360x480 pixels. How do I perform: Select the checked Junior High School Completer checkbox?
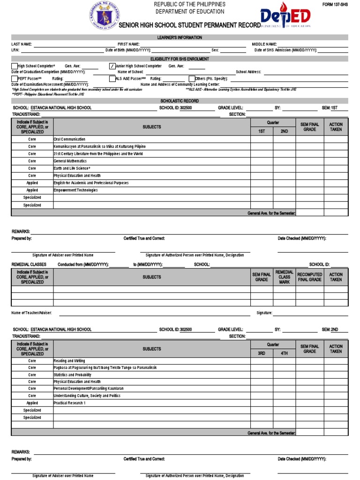(x=112, y=66)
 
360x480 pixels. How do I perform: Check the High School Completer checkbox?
(x=14, y=66)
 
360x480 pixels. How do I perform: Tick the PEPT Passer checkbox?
(x=14, y=79)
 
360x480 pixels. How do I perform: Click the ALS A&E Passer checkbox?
(x=112, y=79)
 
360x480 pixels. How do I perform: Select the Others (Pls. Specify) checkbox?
(x=192, y=79)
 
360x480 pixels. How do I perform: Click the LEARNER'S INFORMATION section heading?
(x=180, y=37)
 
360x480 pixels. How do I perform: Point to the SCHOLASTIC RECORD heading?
(x=180, y=101)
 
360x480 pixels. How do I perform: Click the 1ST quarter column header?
(x=262, y=131)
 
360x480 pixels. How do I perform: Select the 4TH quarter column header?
(x=284, y=353)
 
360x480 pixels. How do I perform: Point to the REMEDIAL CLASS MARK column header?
(x=284, y=277)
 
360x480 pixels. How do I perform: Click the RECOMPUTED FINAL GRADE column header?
(x=309, y=277)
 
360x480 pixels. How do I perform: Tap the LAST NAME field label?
(x=22, y=44)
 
